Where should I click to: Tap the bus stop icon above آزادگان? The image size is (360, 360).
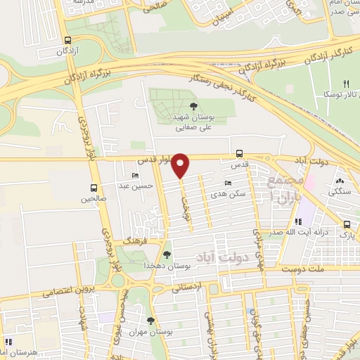67,40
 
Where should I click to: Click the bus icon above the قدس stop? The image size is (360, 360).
240,153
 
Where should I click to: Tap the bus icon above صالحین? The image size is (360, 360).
94,188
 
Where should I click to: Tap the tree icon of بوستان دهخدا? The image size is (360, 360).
167,255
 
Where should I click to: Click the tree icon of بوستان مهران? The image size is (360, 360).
150,320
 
